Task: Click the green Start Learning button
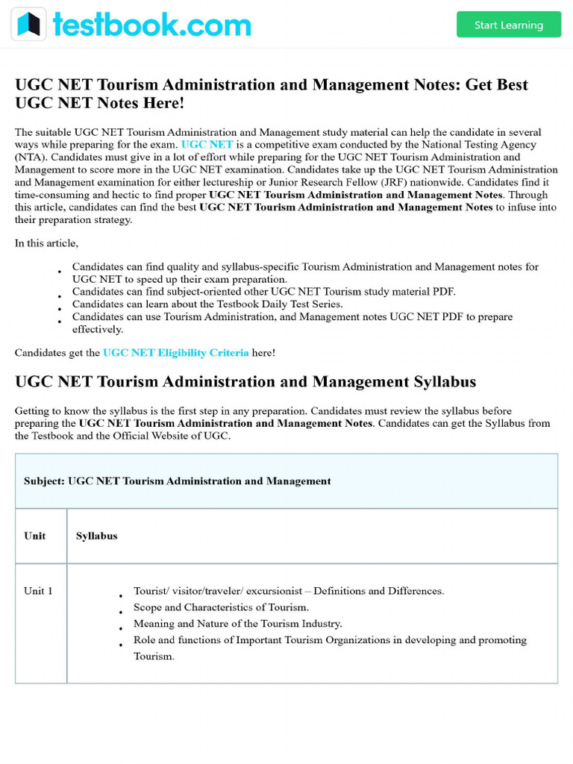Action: pos(508,25)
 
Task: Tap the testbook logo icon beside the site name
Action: pos(29,25)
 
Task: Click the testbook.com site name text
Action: pos(151,25)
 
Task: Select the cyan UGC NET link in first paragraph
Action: pos(207,145)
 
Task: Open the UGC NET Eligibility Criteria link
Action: pos(175,353)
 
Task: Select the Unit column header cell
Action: pos(35,536)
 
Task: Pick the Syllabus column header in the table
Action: pos(96,536)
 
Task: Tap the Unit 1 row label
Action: pos(38,591)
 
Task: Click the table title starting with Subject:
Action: pos(177,481)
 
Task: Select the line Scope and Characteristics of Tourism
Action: pos(221,607)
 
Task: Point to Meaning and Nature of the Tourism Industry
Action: pos(237,624)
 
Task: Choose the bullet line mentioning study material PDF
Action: pos(263,292)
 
